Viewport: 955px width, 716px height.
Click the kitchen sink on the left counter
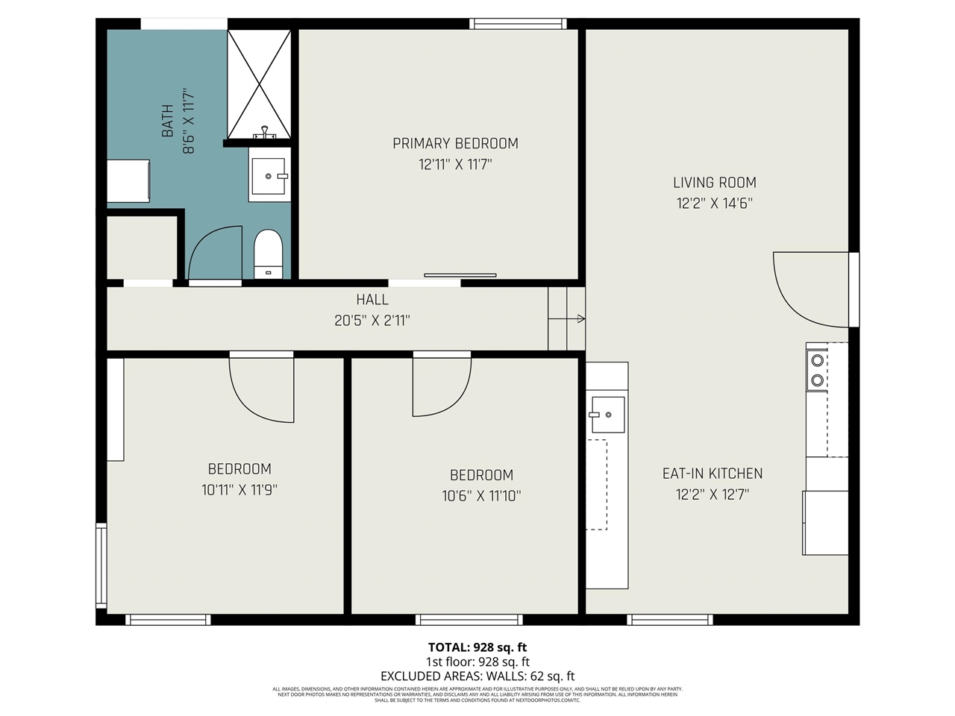coord(607,414)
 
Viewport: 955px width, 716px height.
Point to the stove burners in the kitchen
coord(817,370)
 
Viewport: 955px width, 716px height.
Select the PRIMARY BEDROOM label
coord(455,143)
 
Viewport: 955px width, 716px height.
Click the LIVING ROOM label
coord(714,182)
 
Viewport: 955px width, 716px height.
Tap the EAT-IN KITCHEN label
coord(713,473)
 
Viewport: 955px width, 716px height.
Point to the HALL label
coord(372,300)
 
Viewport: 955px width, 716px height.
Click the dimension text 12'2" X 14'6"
coord(714,203)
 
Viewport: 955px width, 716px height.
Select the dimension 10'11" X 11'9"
coord(239,490)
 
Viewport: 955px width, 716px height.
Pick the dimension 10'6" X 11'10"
coord(481,495)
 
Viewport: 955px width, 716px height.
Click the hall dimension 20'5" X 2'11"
coord(372,321)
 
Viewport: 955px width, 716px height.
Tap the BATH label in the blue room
coord(168,121)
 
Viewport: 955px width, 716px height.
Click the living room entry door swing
coord(810,287)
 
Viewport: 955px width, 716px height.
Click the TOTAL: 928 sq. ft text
coord(477,647)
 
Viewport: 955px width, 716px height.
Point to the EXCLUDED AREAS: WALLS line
coord(477,676)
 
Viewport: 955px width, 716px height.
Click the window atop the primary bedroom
coord(518,24)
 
